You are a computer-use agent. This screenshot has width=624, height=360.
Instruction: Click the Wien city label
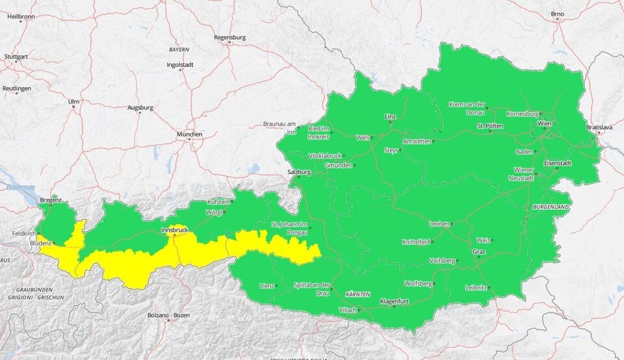click(x=544, y=123)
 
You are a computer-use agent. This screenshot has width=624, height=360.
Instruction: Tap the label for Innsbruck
click(x=174, y=230)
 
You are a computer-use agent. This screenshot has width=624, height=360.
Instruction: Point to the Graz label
click(x=479, y=251)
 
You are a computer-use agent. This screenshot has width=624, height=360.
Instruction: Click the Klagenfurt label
click(x=393, y=301)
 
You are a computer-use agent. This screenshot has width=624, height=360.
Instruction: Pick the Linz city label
click(x=390, y=116)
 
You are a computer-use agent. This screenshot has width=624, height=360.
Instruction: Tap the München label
click(x=189, y=135)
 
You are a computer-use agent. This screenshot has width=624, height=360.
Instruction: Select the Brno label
click(x=558, y=13)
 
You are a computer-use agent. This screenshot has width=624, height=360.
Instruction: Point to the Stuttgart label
click(x=17, y=57)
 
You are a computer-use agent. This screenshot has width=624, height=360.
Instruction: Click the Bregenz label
click(x=50, y=200)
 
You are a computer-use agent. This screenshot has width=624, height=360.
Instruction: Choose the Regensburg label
click(x=229, y=37)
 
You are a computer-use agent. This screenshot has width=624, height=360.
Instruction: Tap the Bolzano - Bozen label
click(x=168, y=315)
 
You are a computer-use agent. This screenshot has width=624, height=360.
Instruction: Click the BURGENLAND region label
click(x=551, y=206)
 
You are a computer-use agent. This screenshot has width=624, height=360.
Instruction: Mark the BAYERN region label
click(x=179, y=49)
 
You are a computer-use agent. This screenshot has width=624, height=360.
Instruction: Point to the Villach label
click(x=348, y=310)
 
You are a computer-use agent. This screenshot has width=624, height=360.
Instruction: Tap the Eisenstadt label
click(x=558, y=162)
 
